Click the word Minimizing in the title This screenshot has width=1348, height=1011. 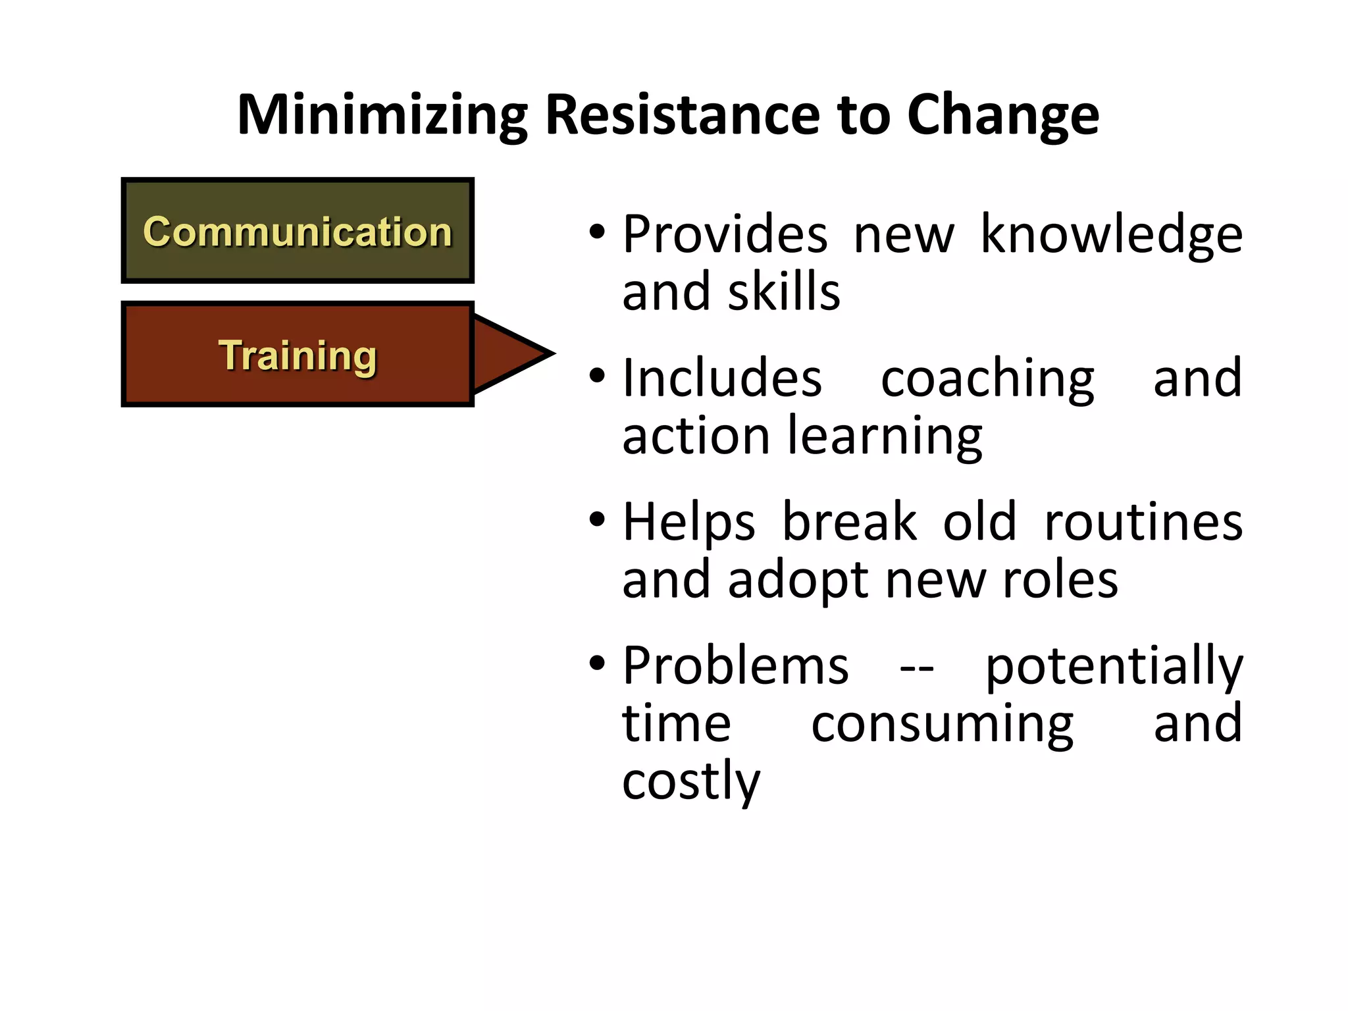(382, 116)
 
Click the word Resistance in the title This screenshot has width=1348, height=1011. (681, 116)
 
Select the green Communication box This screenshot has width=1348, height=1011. (298, 231)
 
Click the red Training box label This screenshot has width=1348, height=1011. (298, 355)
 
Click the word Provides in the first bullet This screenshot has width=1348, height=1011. (725, 235)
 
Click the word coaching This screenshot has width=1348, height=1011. (987, 378)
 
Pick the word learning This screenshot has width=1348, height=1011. (885, 436)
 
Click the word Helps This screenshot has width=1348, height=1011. (688, 523)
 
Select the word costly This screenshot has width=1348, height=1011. (691, 782)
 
